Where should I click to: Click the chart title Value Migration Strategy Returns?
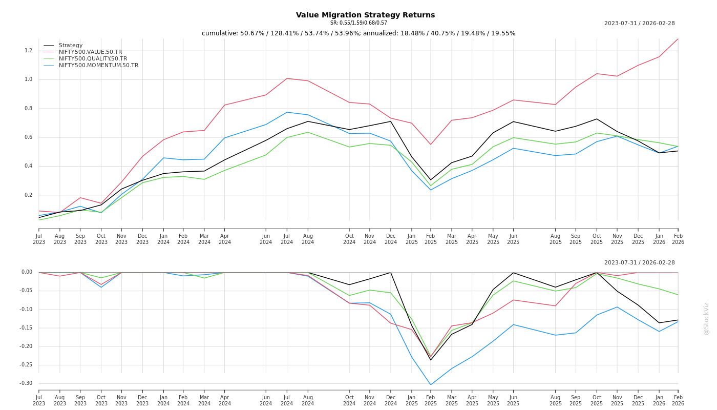365,15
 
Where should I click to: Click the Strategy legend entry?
70,46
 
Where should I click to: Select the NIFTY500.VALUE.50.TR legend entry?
90,52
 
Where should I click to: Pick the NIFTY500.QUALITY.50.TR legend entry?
93,59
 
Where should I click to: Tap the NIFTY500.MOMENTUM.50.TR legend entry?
98,66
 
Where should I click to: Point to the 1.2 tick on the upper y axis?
28,51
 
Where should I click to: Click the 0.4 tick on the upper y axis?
28,166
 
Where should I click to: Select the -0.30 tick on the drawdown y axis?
26,383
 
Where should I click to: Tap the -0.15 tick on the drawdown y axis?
26,328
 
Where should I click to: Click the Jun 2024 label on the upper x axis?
266,239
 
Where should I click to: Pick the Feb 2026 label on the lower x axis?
678,401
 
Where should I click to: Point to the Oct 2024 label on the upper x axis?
349,239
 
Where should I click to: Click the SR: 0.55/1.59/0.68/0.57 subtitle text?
358,23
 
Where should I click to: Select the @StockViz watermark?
706,319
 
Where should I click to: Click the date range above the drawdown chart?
639,263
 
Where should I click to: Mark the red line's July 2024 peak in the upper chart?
287,78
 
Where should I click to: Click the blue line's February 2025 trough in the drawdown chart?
431,384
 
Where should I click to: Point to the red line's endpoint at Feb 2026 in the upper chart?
678,39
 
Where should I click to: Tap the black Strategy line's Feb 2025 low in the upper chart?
431,180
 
